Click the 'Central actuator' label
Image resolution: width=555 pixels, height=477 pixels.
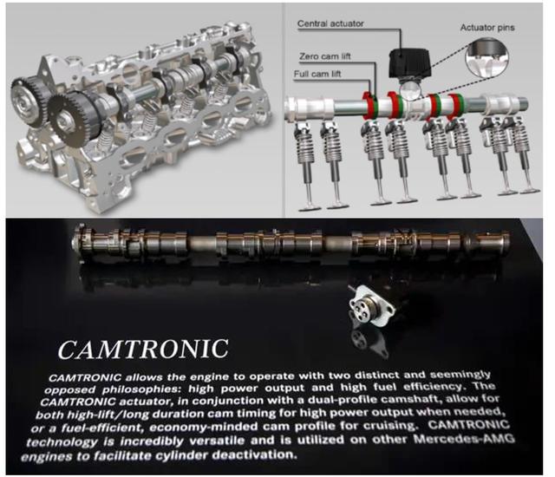330,23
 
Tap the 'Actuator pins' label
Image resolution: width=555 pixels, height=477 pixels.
487,27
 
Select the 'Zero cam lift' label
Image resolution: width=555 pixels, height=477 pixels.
325,56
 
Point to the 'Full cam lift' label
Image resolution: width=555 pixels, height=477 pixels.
317,74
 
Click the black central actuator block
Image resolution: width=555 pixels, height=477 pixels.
410,63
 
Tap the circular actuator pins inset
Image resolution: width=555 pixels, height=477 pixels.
487,58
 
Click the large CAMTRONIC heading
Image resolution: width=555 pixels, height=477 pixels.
143,350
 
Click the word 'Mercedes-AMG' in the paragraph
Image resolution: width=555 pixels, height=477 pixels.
465,440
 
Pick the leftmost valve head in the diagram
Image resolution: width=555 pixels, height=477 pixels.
309,207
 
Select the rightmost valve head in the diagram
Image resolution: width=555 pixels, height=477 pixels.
529,192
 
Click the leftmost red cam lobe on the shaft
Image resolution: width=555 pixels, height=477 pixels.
369,104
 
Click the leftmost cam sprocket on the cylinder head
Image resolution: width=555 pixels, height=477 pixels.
27,99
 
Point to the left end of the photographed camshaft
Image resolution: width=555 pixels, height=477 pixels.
75,242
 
